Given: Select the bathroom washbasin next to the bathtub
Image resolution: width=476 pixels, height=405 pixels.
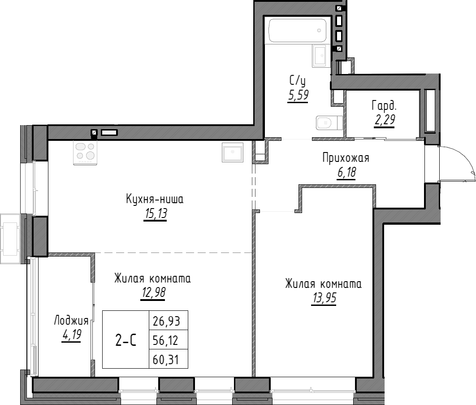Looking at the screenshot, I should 320,56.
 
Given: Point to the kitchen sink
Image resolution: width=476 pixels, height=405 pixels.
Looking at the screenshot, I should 232,152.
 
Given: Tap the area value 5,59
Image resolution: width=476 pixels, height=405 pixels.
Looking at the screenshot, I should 298,95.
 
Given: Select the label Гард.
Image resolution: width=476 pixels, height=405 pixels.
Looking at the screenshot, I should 384,106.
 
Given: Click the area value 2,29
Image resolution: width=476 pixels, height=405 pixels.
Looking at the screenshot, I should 384,120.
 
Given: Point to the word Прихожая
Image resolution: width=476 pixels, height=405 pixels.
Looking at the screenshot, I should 345,157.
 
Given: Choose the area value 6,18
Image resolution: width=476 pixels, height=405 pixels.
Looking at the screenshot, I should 345,172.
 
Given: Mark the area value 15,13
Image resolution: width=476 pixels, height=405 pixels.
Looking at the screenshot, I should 155,214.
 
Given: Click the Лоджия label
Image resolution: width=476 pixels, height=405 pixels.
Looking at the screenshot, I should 71,320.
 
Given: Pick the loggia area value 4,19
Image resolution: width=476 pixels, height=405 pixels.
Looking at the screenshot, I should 71,335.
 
